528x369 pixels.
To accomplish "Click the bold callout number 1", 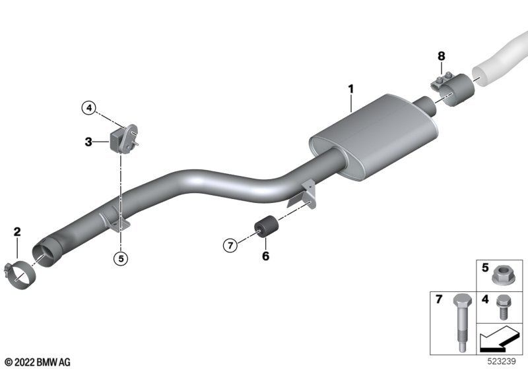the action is pos(351,89).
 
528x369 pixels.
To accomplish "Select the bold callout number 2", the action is pos(17,231).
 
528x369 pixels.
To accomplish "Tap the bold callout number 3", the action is pos(88,142).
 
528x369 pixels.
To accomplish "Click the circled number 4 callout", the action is pos(89,108).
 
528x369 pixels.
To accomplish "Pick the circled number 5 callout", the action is pos(121,258).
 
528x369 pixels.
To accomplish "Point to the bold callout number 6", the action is pos(266,256).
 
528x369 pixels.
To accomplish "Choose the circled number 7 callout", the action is pos(230,245).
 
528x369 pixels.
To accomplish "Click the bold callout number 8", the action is pos(441,56).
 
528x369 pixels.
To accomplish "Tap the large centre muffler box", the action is pos(374,137).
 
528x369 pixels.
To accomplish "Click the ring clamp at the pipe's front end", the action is pos(20,275).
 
